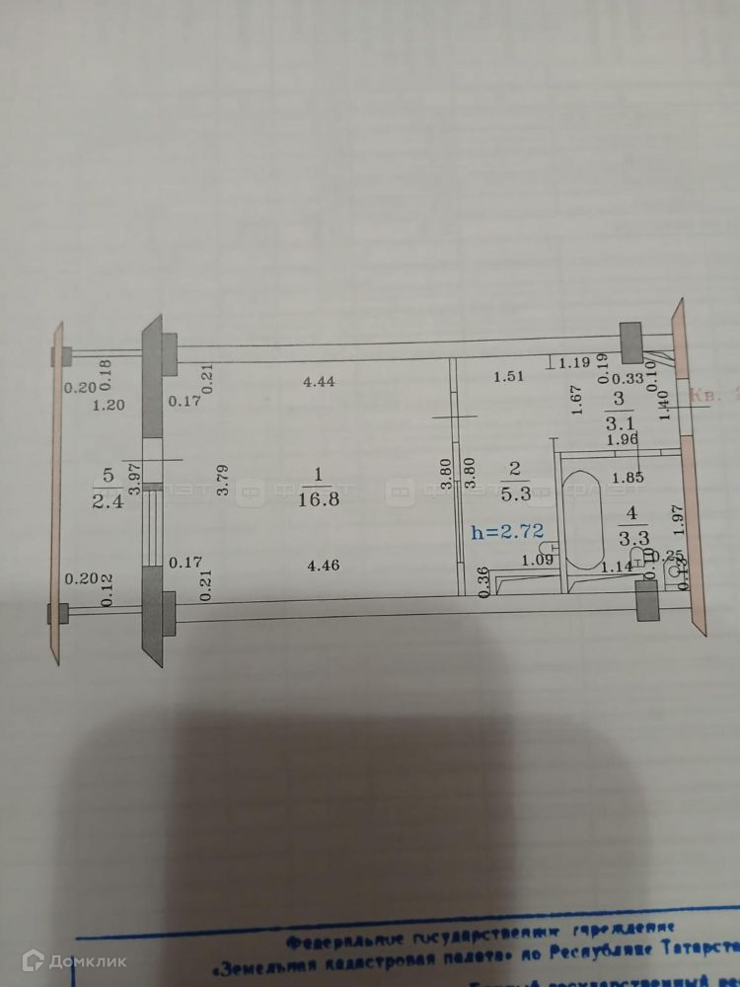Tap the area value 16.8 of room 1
[316, 499]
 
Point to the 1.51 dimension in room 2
[507, 376]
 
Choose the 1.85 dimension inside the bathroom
[623, 479]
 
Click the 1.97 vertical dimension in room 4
[676, 519]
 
